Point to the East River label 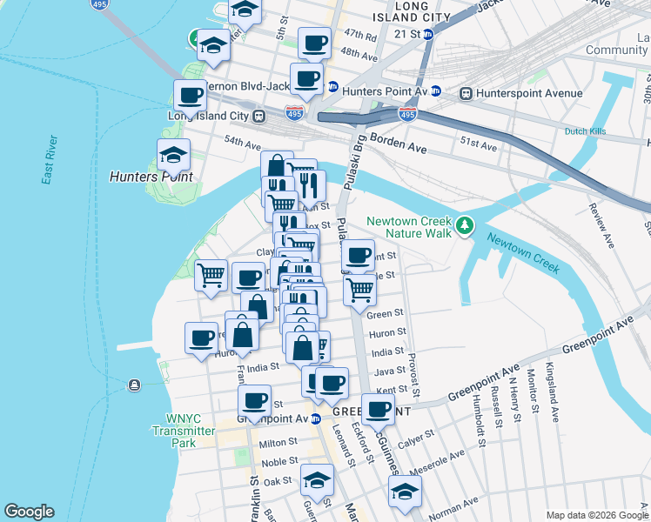(50, 161)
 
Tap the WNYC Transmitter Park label (183, 431)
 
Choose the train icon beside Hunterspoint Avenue (466, 93)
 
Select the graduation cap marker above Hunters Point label (173, 157)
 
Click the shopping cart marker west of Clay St (211, 276)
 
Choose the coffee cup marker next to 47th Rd (314, 43)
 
